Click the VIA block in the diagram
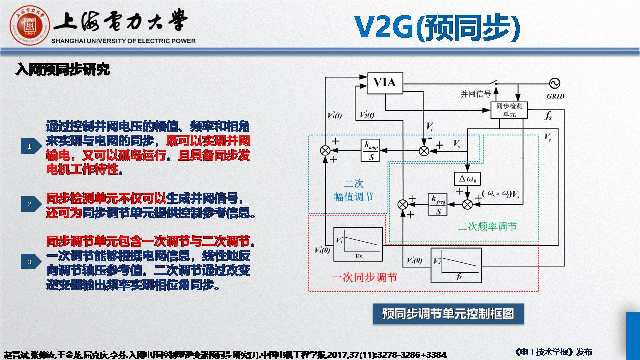[x=385, y=83]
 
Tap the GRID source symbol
[x=554, y=83]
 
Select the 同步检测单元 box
[x=509, y=110]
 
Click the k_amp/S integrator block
[x=370, y=150]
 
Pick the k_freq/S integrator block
[x=438, y=204]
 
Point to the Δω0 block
[x=466, y=178]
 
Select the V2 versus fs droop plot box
[x=456, y=265]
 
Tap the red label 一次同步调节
[x=364, y=277]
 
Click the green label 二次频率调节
[x=487, y=226]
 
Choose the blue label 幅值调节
[x=353, y=197]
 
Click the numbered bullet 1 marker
[x=30, y=146]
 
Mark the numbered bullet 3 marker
[x=30, y=261]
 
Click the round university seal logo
[x=29, y=24]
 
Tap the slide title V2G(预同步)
[x=437, y=28]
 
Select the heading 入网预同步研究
[x=62, y=70]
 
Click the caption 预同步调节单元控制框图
[x=448, y=314]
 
